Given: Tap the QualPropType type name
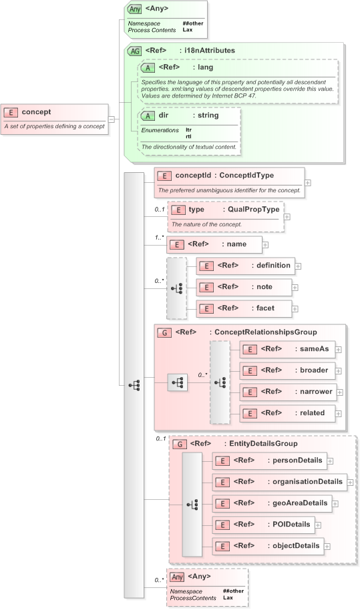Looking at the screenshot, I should coord(252,209).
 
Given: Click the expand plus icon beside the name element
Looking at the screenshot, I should coord(265,245).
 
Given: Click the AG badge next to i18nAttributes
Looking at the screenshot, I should coord(134,51).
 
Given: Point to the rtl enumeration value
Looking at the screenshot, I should coord(188,135).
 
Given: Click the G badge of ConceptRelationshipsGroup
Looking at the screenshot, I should coord(162,332).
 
